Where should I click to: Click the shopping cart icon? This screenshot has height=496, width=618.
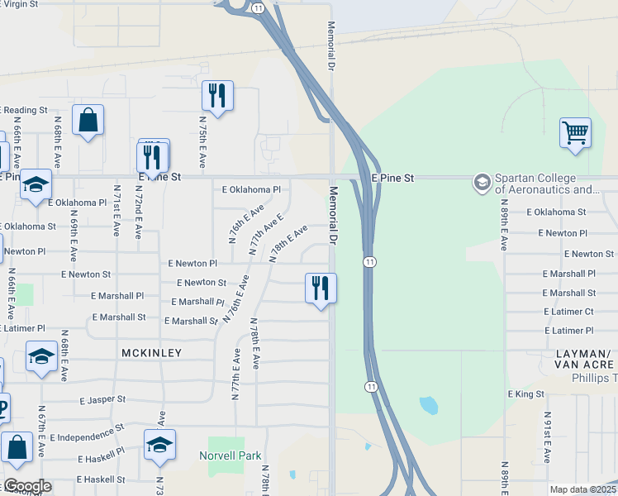tap(575, 132)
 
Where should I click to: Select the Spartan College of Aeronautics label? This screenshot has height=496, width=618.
tap(546, 184)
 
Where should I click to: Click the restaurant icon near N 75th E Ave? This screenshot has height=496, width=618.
tap(217, 95)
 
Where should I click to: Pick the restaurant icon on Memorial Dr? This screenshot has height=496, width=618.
tap(321, 289)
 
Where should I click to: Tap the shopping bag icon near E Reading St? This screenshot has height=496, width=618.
tap(88, 121)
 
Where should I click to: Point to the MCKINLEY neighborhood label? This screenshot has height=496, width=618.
tap(151, 353)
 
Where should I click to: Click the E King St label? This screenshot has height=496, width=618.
tap(526, 394)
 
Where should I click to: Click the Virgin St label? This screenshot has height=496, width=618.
tap(21, 4)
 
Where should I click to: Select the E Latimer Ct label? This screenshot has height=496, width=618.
tap(568, 312)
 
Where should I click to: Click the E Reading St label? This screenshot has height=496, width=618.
tap(25, 110)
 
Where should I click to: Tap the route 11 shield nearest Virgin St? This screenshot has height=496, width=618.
tap(258, 7)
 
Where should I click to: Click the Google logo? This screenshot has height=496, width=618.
tap(26, 486)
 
